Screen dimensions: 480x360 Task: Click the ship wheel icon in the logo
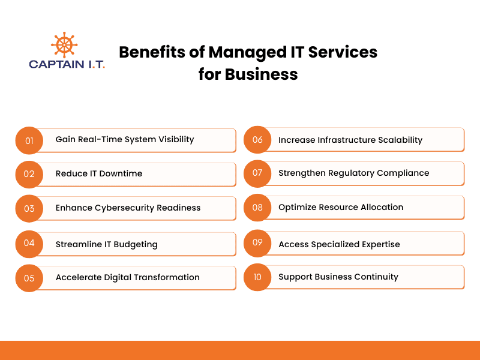tap(64, 44)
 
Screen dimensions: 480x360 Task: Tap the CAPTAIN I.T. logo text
tap(67, 64)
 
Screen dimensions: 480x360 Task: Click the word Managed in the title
tap(247, 53)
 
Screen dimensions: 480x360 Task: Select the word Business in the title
tap(261, 74)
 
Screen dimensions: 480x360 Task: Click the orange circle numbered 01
tap(29, 140)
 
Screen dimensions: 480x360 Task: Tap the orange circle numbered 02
tap(29, 174)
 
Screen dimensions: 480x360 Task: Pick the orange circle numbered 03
tap(29, 208)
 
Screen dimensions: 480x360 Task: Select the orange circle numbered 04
tap(29, 244)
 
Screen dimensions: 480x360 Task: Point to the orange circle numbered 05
tap(29, 278)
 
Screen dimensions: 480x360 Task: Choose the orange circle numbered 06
tap(257, 140)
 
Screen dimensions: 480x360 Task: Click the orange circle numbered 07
tap(257, 173)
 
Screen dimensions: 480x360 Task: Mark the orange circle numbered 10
tap(257, 277)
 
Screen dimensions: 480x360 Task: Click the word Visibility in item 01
tap(176, 140)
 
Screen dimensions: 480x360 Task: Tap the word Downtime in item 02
tap(121, 173)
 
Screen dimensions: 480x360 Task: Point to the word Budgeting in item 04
tap(136, 245)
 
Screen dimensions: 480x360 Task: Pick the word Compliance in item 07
tap(403, 173)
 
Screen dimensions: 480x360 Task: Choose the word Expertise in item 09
tap(381, 245)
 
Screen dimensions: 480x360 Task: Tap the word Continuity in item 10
tap(376, 277)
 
